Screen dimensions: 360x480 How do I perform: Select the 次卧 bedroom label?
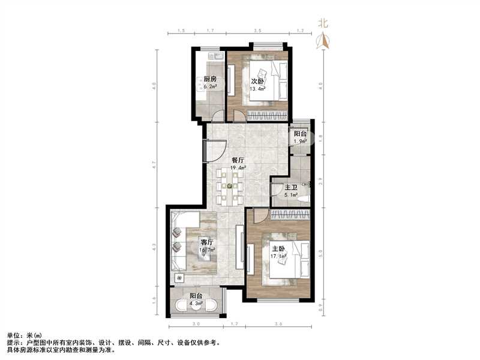click(257, 82)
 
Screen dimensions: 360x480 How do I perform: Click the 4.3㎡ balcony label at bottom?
click(196, 304)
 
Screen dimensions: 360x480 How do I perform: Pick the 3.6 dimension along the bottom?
click(278, 324)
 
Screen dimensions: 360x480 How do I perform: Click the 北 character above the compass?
click(323, 23)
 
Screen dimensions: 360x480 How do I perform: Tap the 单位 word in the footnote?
click(14, 335)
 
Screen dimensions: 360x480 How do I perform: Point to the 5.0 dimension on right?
click(323, 252)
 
